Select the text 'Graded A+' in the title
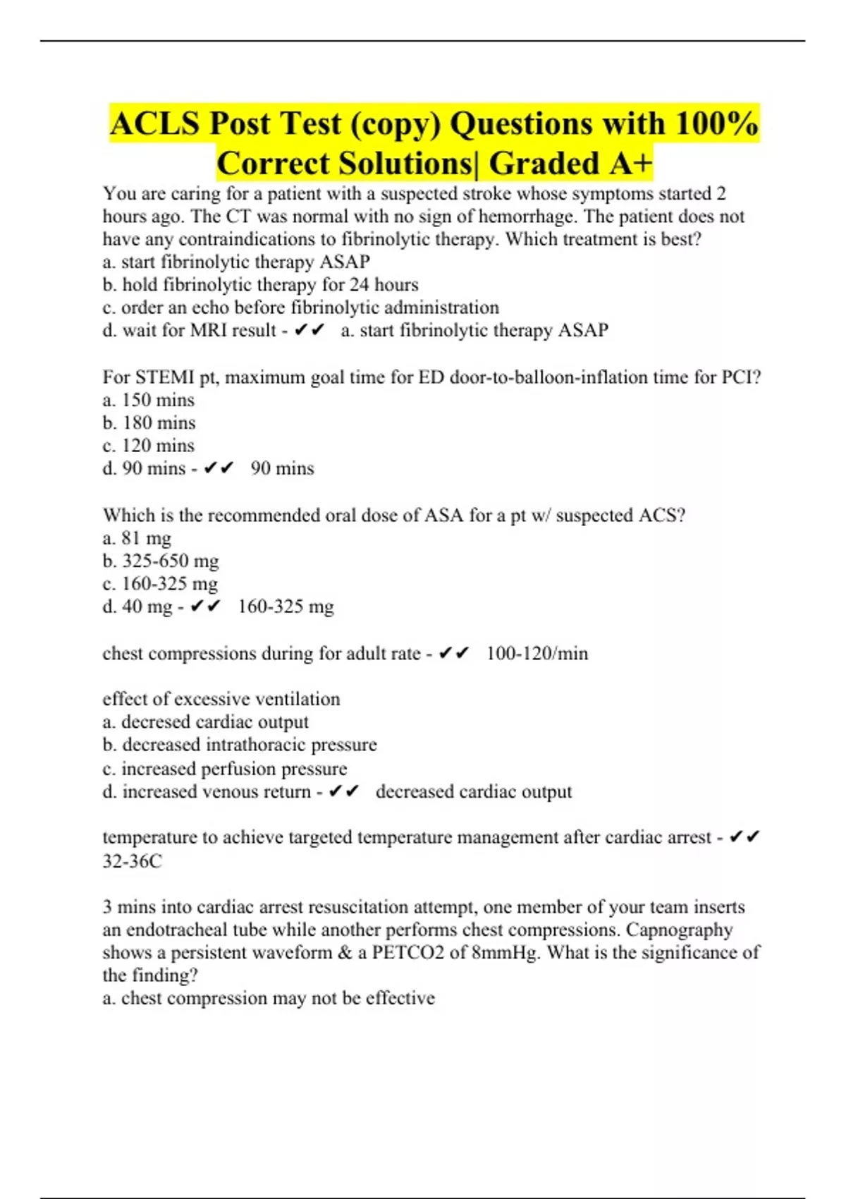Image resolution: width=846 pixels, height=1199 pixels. pos(570,164)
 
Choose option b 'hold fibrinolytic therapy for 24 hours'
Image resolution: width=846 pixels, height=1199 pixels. pos(261,285)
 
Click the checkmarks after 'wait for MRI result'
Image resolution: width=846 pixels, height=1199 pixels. pos(309,330)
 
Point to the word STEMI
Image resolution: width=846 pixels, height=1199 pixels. pos(165,377)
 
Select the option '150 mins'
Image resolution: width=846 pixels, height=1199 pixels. pos(149,400)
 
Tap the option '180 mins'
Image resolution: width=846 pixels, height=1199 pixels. pos(149,422)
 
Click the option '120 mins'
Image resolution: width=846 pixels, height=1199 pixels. pos(149,446)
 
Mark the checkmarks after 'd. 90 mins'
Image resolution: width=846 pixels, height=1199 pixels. pos(218,468)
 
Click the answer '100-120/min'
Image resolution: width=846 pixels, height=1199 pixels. pos(537,654)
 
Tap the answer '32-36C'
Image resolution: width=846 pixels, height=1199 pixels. pos(132,861)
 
